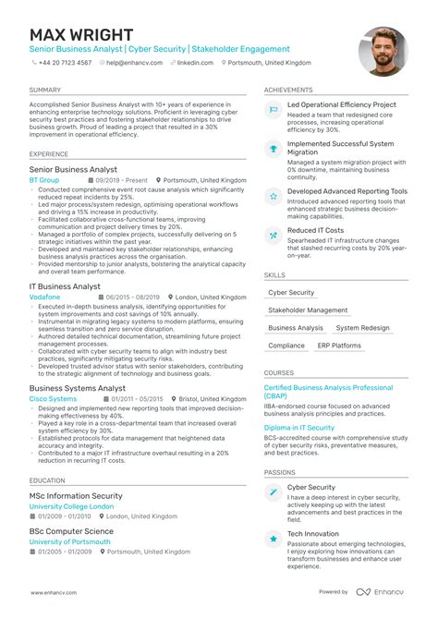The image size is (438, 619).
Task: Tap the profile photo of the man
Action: coord(382,51)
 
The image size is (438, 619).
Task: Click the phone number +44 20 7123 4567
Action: coord(65,63)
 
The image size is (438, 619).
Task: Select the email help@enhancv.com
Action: coord(134,63)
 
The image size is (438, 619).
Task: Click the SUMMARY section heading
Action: coord(45,90)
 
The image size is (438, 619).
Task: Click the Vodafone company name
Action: coord(46,297)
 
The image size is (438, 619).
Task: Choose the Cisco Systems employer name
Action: coord(54,399)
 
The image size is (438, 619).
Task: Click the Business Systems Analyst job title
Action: coord(78,388)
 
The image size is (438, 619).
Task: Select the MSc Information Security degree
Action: coord(76,496)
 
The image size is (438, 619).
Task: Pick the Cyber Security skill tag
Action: coord(291,293)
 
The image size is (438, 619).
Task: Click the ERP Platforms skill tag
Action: coord(339,346)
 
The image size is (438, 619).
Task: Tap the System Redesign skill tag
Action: coord(362,328)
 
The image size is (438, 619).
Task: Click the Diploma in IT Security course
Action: coord(299,428)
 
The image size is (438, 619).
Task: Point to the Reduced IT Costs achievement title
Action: coord(315,230)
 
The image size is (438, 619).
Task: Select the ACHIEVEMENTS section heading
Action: coord(289,90)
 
